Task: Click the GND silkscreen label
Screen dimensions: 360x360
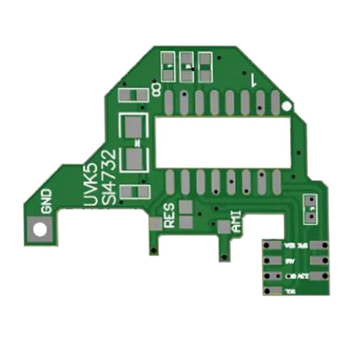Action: [x=46, y=201]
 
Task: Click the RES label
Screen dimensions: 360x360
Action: [x=170, y=216]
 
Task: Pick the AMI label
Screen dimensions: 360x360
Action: [x=237, y=221]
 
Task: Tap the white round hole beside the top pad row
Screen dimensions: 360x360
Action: [x=287, y=107]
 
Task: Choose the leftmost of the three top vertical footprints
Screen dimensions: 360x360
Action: [x=168, y=67]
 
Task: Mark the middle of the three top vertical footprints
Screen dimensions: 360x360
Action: [x=186, y=67]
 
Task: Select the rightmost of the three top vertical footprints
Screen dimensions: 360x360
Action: [x=205, y=67]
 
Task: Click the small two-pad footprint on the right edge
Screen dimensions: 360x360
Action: [x=310, y=209]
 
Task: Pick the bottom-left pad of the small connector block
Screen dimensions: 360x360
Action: [x=272, y=290]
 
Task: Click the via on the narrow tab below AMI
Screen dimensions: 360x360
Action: [x=223, y=257]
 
